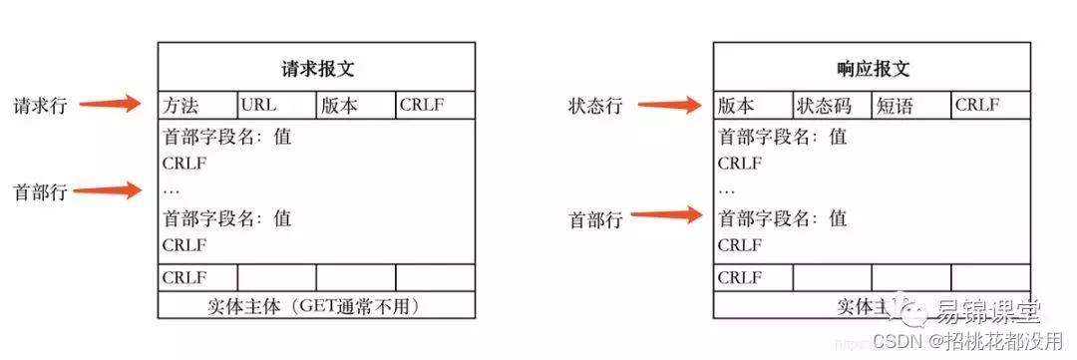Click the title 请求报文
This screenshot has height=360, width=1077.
[317, 70]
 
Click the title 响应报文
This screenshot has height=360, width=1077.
[873, 70]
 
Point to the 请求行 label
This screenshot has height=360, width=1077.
[39, 106]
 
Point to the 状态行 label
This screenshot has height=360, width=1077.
[595, 106]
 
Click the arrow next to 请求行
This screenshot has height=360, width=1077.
[111, 103]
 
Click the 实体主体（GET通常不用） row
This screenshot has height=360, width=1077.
[317, 306]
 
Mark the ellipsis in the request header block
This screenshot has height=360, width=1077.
[171, 190]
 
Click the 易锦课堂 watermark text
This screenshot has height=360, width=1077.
[987, 315]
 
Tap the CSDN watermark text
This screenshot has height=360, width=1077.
[897, 342]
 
